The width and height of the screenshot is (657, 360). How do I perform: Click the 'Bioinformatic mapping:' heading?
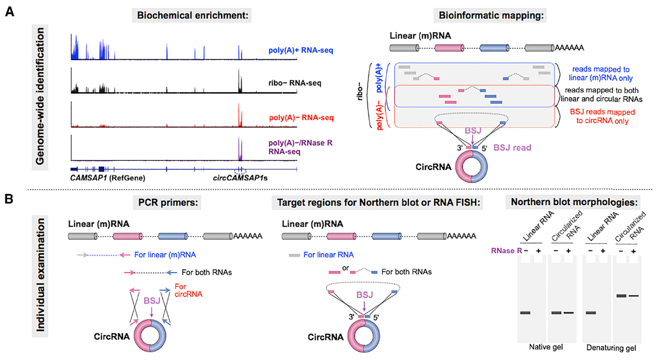click(x=494, y=15)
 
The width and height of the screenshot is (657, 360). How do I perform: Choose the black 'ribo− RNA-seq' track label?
click(x=293, y=84)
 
